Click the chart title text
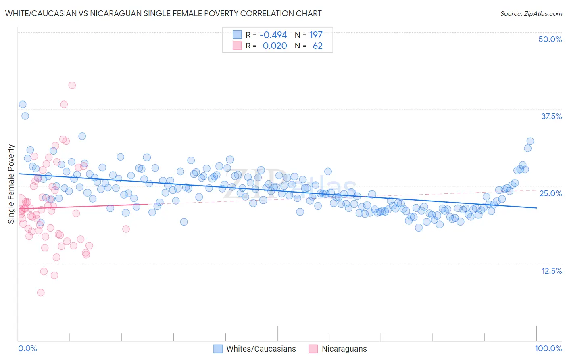[x=163, y=13]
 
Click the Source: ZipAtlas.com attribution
[x=531, y=13]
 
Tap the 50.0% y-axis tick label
[x=550, y=39]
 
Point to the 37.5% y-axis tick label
[x=551, y=116]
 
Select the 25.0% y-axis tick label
[x=550, y=193]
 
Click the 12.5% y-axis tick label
[x=551, y=271]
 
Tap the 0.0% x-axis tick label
[x=27, y=348]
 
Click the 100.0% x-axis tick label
[x=548, y=348]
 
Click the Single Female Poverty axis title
[x=11, y=184]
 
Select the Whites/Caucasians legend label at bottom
[x=261, y=349]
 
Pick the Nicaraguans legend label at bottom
[x=344, y=349]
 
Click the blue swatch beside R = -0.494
[x=237, y=35]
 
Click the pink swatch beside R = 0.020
[x=237, y=46]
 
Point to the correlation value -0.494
[x=273, y=35]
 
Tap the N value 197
[x=316, y=35]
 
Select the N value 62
[x=317, y=46]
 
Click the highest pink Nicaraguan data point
[x=72, y=85]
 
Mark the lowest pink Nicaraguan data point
[x=41, y=293]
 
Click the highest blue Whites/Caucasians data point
[x=23, y=105]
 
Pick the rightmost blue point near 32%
[x=530, y=141]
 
